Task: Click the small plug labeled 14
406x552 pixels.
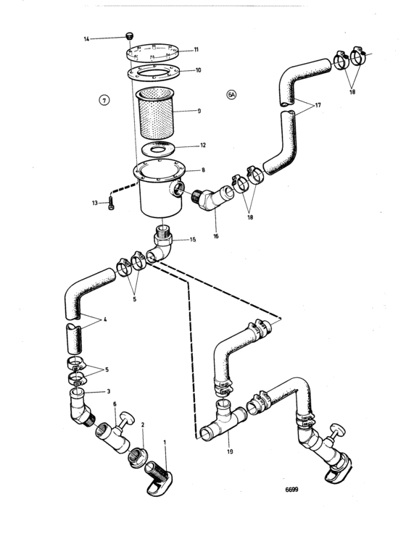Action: [x=130, y=35]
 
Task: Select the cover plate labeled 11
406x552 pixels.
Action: [x=152, y=52]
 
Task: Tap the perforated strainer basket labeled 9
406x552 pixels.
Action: [x=155, y=112]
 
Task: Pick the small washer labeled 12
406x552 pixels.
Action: [x=159, y=148]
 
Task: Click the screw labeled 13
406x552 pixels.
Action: [x=112, y=204]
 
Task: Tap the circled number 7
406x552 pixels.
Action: [x=104, y=101]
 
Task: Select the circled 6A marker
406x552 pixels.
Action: [x=231, y=94]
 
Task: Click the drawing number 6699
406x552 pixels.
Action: [x=291, y=489]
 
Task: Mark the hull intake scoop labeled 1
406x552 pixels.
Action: [x=158, y=478]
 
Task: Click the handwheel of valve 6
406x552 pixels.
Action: [x=127, y=418]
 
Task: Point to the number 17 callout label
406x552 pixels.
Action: [x=318, y=105]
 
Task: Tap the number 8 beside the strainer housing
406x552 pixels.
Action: [x=203, y=170]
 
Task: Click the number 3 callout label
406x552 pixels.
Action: [x=109, y=391]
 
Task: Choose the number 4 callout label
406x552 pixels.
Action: [x=104, y=319]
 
